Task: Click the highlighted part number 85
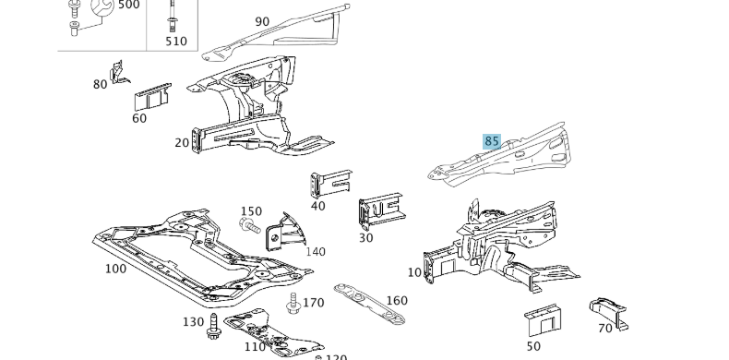point(492,141)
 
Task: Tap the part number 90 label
point(262,21)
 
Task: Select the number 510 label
point(175,41)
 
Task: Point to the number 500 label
point(128,6)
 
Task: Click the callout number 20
point(182,142)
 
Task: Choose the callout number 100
point(115,269)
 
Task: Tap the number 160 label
point(396,300)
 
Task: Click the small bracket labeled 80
point(118,72)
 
